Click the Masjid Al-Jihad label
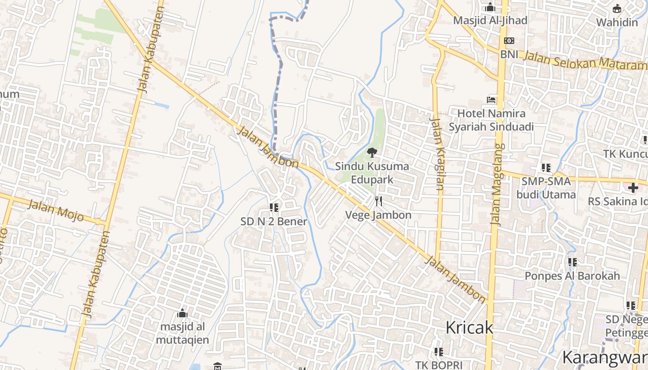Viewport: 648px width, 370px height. point(490,20)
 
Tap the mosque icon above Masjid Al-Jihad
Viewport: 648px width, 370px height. point(490,7)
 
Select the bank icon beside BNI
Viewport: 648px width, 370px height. point(509,41)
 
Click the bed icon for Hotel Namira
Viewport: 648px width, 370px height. point(491,99)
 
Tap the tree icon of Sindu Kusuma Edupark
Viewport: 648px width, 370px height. point(372,152)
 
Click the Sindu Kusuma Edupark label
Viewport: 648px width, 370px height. point(372,173)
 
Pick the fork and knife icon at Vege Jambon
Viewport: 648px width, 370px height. point(379,201)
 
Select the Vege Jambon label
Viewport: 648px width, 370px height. point(379,215)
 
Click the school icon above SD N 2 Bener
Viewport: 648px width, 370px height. point(274,208)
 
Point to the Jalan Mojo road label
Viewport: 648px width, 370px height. point(55,210)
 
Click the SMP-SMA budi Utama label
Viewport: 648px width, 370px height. point(546,188)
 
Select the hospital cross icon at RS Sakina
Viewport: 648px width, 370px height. point(633,188)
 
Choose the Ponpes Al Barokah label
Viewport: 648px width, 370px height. point(572,276)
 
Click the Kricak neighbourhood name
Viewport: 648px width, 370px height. point(469,327)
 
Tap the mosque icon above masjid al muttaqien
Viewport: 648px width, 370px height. point(182,313)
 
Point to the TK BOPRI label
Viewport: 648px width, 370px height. point(439,364)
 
